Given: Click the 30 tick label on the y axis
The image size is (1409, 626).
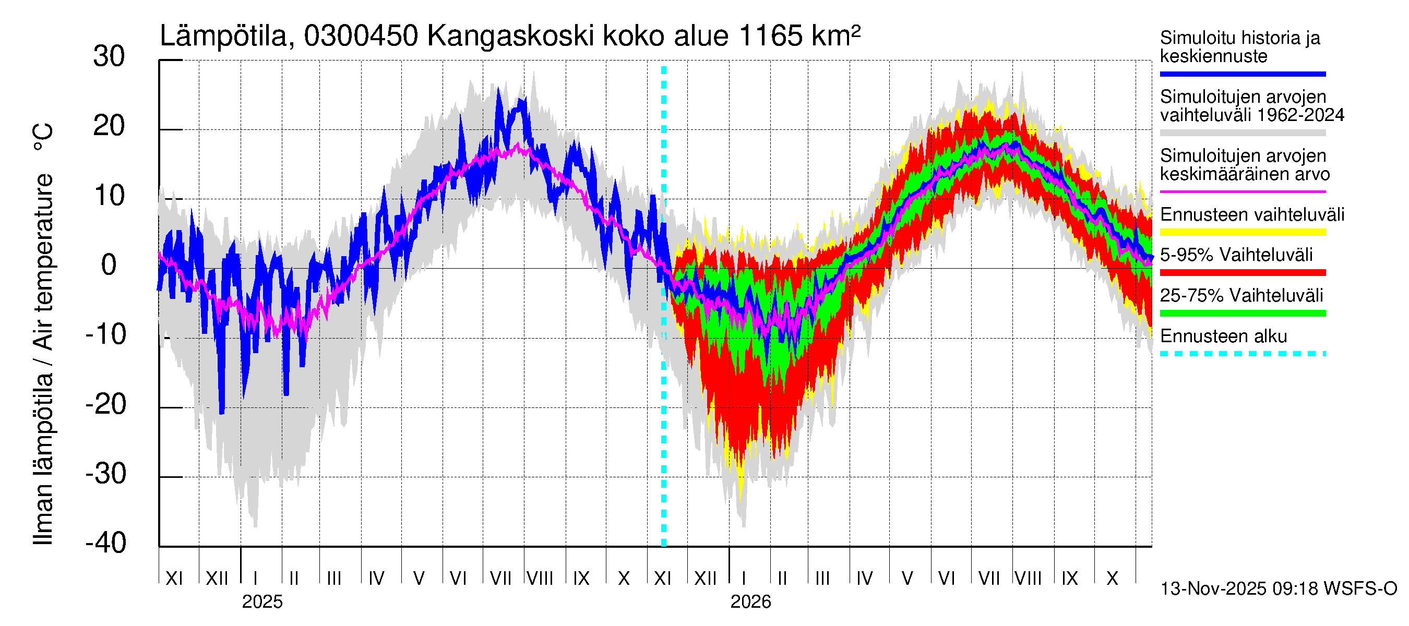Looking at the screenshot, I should click(x=109, y=57).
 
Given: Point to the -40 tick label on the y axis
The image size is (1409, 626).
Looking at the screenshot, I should click(x=106, y=543).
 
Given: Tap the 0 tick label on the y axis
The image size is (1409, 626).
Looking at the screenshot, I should click(x=109, y=266).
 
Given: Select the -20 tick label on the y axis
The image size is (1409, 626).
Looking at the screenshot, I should click(x=106, y=405).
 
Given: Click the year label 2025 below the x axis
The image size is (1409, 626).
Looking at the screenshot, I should click(x=262, y=602).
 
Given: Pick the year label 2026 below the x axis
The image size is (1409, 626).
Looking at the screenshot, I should click(x=750, y=602).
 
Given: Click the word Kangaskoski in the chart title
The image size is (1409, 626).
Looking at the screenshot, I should click(x=510, y=36).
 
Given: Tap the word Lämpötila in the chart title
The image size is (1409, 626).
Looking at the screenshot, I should click(x=224, y=36).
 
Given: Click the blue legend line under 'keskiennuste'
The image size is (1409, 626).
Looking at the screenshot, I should click(x=1242, y=74).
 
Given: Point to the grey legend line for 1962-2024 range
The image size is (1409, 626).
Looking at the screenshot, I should click(x=1242, y=133).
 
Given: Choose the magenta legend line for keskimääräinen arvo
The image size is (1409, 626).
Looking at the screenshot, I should click(x=1242, y=192).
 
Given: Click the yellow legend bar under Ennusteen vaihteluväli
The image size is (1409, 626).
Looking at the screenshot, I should click(x=1242, y=232).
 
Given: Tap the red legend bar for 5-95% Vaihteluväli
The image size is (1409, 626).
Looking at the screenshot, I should click(x=1242, y=272).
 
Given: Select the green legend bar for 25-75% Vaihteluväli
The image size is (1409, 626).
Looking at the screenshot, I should click(x=1242, y=314).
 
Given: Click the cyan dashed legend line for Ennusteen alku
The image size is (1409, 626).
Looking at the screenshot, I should click(x=1242, y=354).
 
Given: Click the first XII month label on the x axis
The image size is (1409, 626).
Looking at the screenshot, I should click(x=217, y=578).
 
